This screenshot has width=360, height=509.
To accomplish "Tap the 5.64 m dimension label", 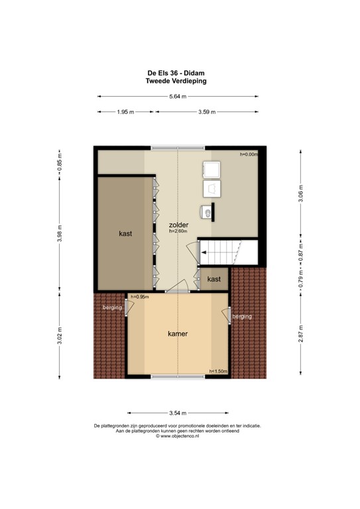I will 178,96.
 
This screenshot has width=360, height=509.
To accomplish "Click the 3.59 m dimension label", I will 207,112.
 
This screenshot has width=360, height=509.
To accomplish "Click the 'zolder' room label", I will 178,225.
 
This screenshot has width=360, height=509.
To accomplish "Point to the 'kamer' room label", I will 177,334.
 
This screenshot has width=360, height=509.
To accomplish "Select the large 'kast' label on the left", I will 126,233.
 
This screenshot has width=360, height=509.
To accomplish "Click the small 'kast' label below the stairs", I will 213,280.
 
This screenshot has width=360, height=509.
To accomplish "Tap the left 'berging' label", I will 112,308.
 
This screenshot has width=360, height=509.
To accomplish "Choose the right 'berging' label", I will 242,317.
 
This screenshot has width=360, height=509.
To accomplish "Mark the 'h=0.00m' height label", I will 248,154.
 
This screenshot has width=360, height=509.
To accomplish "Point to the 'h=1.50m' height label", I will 218,371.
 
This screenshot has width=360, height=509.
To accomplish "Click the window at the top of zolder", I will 178,147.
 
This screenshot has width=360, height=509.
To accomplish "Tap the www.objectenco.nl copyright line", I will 177,436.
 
